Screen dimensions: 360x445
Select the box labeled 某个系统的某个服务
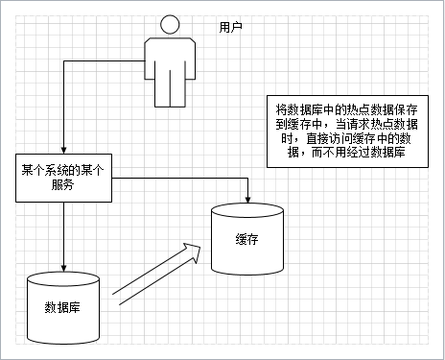tap(62, 178)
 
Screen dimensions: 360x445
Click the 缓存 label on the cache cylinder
tap(246, 239)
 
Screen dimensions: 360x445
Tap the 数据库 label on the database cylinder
tap(62, 307)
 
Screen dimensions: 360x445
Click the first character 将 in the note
tap(280, 108)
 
